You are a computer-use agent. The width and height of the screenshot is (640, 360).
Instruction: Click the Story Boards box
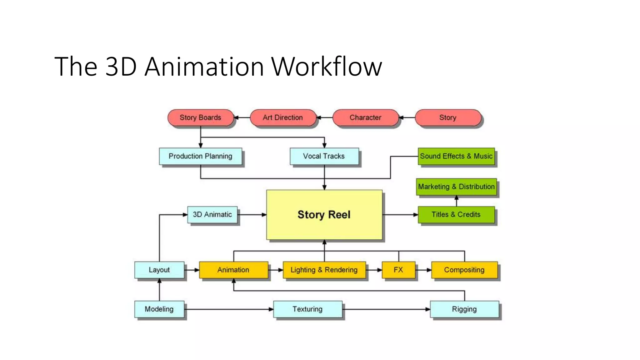click(200, 118)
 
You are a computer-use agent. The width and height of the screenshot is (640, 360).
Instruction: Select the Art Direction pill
click(283, 118)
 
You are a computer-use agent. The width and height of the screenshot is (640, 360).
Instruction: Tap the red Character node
click(365, 118)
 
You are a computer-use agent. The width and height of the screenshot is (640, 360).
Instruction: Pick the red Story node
click(448, 118)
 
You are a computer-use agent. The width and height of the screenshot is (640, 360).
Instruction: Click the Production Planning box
click(200, 156)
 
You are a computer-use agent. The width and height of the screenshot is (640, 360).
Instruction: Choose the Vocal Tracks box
click(324, 156)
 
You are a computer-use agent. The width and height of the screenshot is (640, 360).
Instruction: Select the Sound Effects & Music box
click(456, 156)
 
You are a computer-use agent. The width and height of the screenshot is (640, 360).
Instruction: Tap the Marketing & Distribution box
click(456, 187)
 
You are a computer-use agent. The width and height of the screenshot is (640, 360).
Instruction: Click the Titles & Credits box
click(456, 215)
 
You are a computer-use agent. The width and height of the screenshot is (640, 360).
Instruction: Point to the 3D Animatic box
click(212, 215)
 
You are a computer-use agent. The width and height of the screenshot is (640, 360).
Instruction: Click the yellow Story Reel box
click(324, 215)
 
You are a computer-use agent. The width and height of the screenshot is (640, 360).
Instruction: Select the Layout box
click(159, 270)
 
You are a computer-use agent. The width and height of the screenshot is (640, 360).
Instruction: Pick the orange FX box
click(398, 270)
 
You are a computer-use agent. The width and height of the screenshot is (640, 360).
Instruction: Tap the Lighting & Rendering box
click(324, 270)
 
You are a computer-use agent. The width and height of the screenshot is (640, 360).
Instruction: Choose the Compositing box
click(464, 270)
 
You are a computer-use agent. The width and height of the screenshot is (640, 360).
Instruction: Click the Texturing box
click(307, 309)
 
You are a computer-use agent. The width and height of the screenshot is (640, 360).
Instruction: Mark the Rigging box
click(464, 309)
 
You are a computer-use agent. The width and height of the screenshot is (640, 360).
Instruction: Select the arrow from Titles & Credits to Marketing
click(457, 201)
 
